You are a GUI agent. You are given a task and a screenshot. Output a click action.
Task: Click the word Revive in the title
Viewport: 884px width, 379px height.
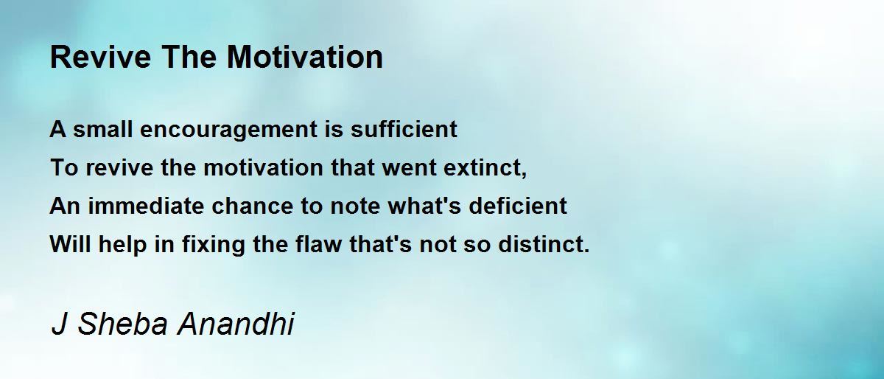101,57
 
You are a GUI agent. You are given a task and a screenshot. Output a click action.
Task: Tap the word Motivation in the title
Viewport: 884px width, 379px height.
305,57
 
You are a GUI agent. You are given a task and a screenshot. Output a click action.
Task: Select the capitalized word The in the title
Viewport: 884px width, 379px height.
189,57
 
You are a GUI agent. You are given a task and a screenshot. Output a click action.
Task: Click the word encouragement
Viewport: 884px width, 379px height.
229,130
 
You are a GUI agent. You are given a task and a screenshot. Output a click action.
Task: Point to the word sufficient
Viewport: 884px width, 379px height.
404,129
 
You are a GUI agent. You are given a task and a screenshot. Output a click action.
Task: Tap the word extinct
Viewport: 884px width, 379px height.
482,167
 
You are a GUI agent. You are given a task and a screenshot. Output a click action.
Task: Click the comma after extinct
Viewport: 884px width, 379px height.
524,174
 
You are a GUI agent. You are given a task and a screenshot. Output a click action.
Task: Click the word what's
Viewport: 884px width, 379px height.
424,206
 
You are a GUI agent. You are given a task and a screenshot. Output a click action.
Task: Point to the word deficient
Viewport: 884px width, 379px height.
518,206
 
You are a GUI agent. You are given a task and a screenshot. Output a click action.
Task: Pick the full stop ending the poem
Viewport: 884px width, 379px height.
586,251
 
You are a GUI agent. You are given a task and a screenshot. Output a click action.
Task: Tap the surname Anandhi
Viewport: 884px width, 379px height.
236,324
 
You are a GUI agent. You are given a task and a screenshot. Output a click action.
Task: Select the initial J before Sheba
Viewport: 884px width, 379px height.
59,324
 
